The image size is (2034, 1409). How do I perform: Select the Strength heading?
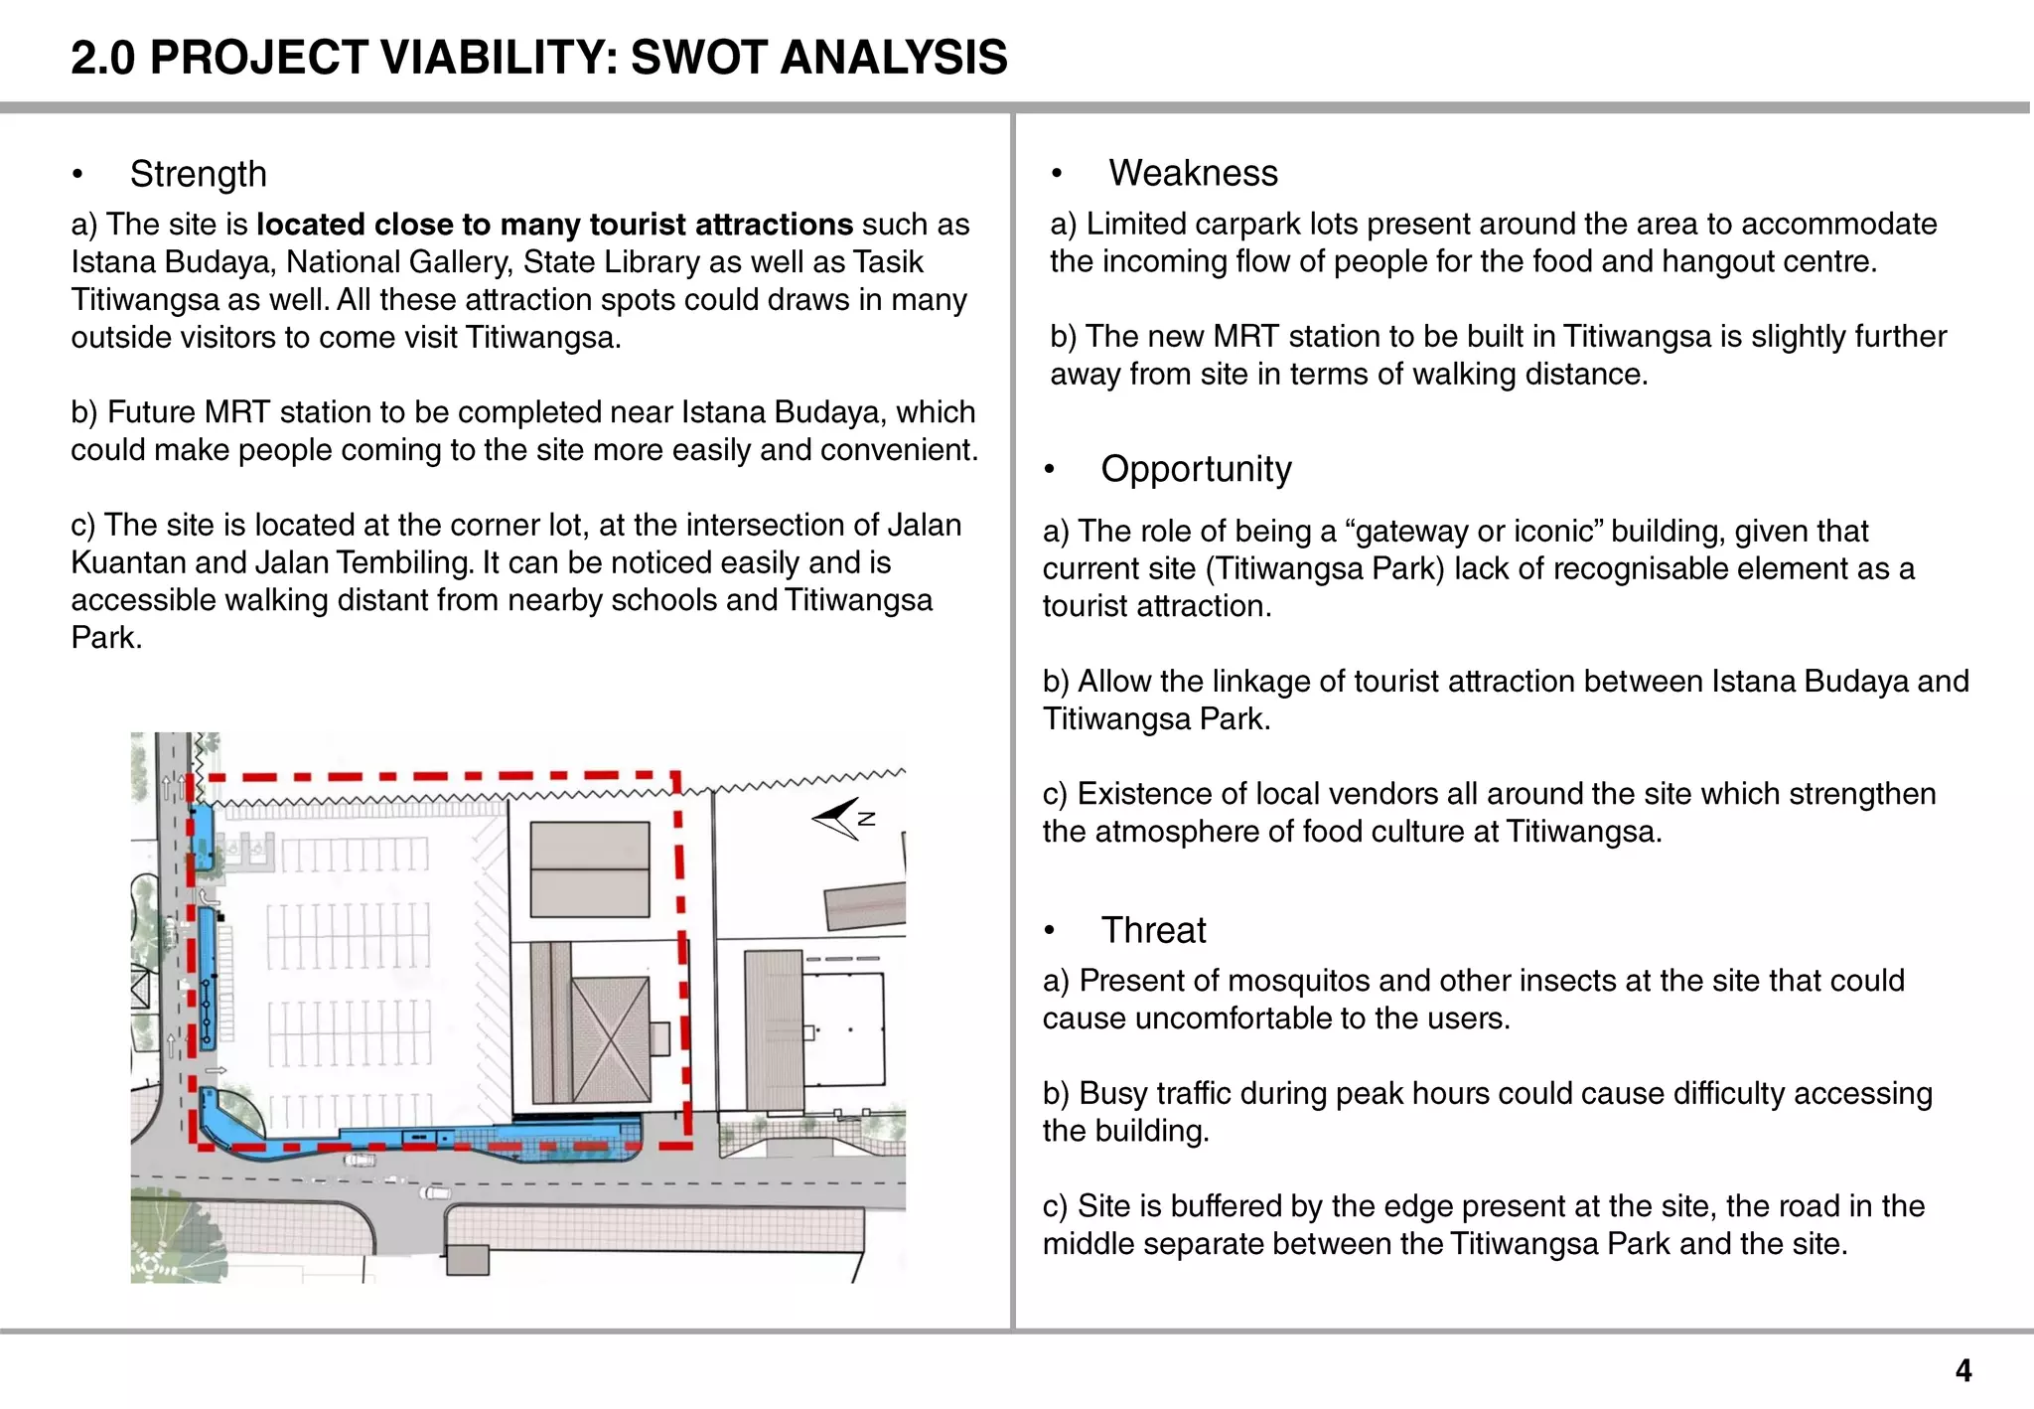click(x=198, y=175)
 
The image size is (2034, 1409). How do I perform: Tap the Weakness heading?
click(x=1193, y=174)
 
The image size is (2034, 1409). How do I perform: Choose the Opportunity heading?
click(x=1196, y=469)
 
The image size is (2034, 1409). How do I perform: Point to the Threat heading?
click(x=1153, y=931)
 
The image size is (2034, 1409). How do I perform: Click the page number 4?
click(x=1962, y=1371)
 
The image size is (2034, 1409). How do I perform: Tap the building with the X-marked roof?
click(x=610, y=1038)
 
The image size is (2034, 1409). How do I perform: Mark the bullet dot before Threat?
click(x=1050, y=932)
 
